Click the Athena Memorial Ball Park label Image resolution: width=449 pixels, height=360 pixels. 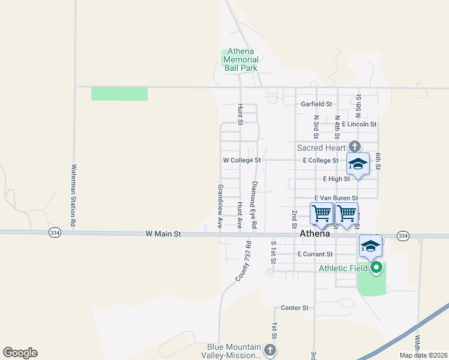[x=241, y=59]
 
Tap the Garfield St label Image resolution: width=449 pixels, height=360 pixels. [x=316, y=104]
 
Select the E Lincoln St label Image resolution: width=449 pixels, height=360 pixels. [x=359, y=124]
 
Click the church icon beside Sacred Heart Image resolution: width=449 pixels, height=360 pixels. [x=355, y=146]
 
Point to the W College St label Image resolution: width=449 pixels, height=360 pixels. [x=241, y=160]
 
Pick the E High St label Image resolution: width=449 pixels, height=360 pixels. [x=336, y=179]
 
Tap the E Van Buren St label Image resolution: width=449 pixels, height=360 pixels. [x=336, y=198]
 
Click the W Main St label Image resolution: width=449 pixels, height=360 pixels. [x=163, y=235]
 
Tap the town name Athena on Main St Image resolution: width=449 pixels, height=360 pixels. [x=315, y=235]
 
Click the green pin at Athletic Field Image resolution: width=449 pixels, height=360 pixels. [x=376, y=268]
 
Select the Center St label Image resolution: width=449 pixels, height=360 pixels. [x=294, y=308]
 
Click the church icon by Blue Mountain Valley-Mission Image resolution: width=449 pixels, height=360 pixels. [x=270, y=350]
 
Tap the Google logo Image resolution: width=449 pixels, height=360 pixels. [x=20, y=353]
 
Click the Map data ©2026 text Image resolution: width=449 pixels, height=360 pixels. [x=423, y=355]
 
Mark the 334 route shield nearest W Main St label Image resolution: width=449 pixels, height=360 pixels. [x=55, y=233]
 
